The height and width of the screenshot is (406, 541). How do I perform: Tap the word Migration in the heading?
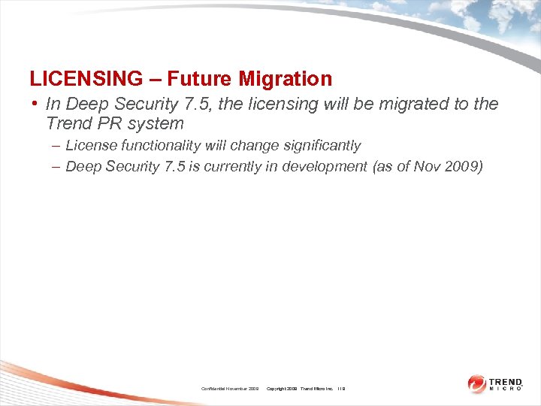pyautogui.click(x=286, y=78)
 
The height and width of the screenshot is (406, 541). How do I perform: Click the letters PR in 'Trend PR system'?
pyautogui.click(x=105, y=123)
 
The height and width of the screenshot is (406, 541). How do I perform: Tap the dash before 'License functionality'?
pyautogui.click(x=57, y=145)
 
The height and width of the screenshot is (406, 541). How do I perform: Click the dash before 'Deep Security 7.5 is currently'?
pyautogui.click(x=57, y=167)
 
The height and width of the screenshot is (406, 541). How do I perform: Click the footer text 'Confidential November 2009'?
pyautogui.click(x=230, y=388)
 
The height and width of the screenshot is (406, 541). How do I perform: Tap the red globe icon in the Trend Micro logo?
pyautogui.click(x=477, y=384)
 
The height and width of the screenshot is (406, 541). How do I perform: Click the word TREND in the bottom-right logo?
pyautogui.click(x=506, y=381)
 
